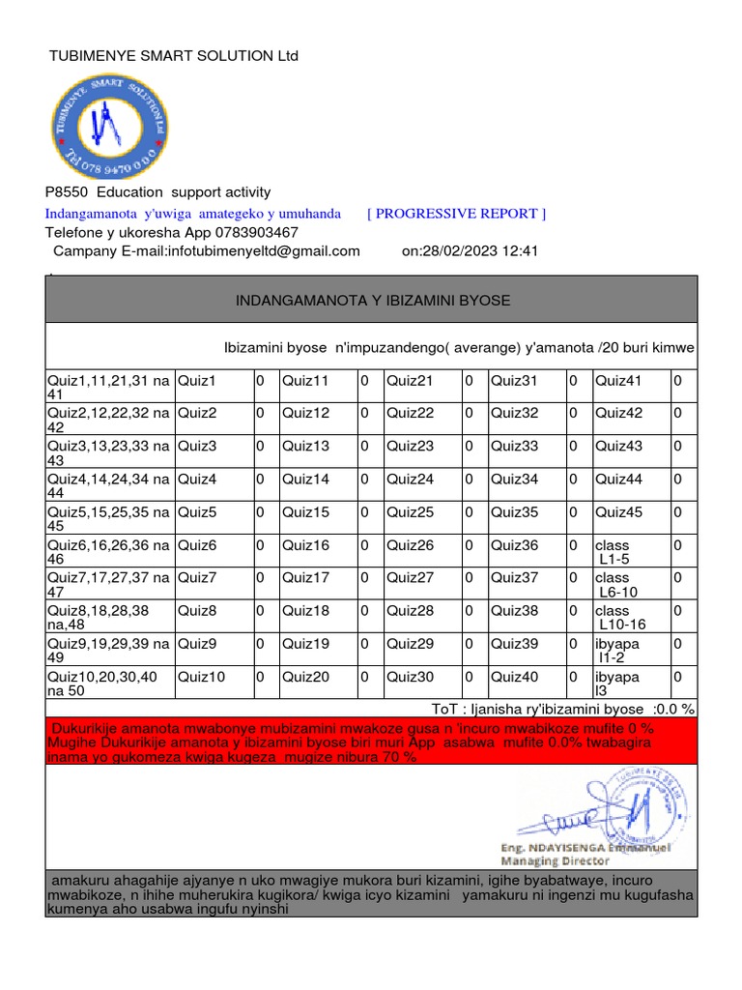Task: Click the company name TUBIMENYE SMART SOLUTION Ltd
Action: tap(174, 56)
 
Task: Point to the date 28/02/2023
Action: tap(461, 251)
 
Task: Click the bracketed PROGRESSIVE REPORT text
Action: tap(457, 214)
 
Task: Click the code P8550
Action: tap(66, 192)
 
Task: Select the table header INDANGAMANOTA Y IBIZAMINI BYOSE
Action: tap(373, 301)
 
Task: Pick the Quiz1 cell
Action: tap(197, 382)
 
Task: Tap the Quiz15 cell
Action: tap(305, 512)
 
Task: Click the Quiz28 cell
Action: tap(411, 611)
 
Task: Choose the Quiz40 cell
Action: tap(515, 677)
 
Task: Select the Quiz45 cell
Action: tap(618, 512)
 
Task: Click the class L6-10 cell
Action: tap(616, 585)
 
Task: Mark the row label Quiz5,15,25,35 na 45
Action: tap(109, 519)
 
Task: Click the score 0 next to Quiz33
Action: tap(572, 447)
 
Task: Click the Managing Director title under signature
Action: tap(554, 859)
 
